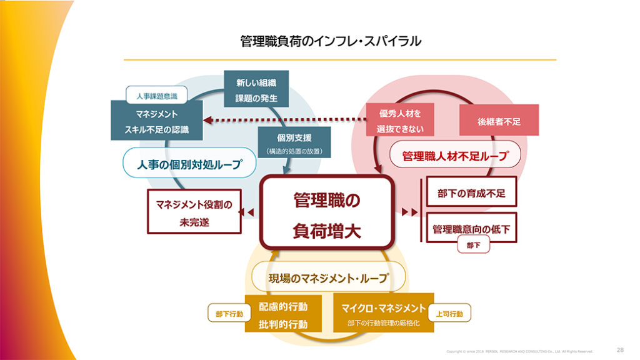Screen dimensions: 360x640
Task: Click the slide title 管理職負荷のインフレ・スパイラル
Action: [x=331, y=41]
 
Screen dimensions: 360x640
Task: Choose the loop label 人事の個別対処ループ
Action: [x=188, y=163]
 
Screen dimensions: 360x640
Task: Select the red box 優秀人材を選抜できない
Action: [x=400, y=120]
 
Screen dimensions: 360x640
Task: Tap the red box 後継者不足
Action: [x=498, y=120]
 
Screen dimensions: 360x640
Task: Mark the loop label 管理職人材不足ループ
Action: [x=455, y=155]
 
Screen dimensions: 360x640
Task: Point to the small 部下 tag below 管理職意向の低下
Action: [x=472, y=246]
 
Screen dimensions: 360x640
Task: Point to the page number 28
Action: [x=620, y=350]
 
